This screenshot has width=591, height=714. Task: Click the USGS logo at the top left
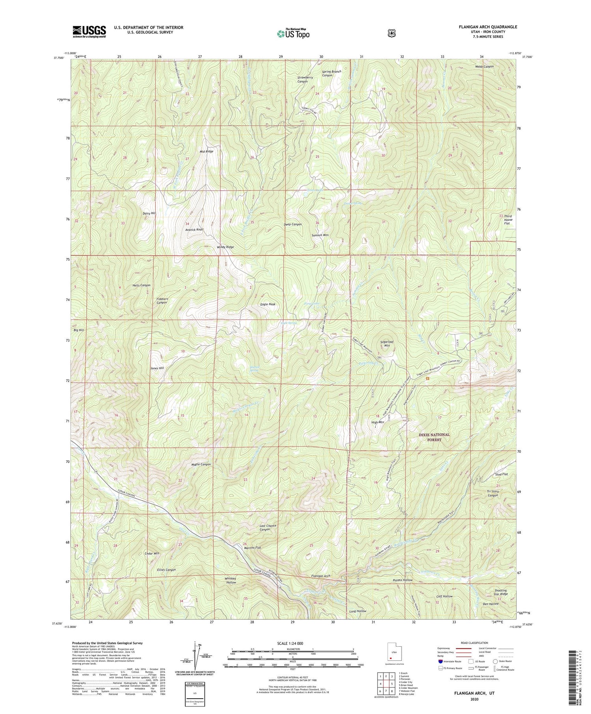[89, 32]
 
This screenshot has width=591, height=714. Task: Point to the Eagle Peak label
[267, 304]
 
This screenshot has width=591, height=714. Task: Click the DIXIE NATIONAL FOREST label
[434, 437]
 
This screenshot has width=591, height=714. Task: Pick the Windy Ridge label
[225, 247]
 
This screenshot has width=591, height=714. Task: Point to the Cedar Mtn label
[152, 553]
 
